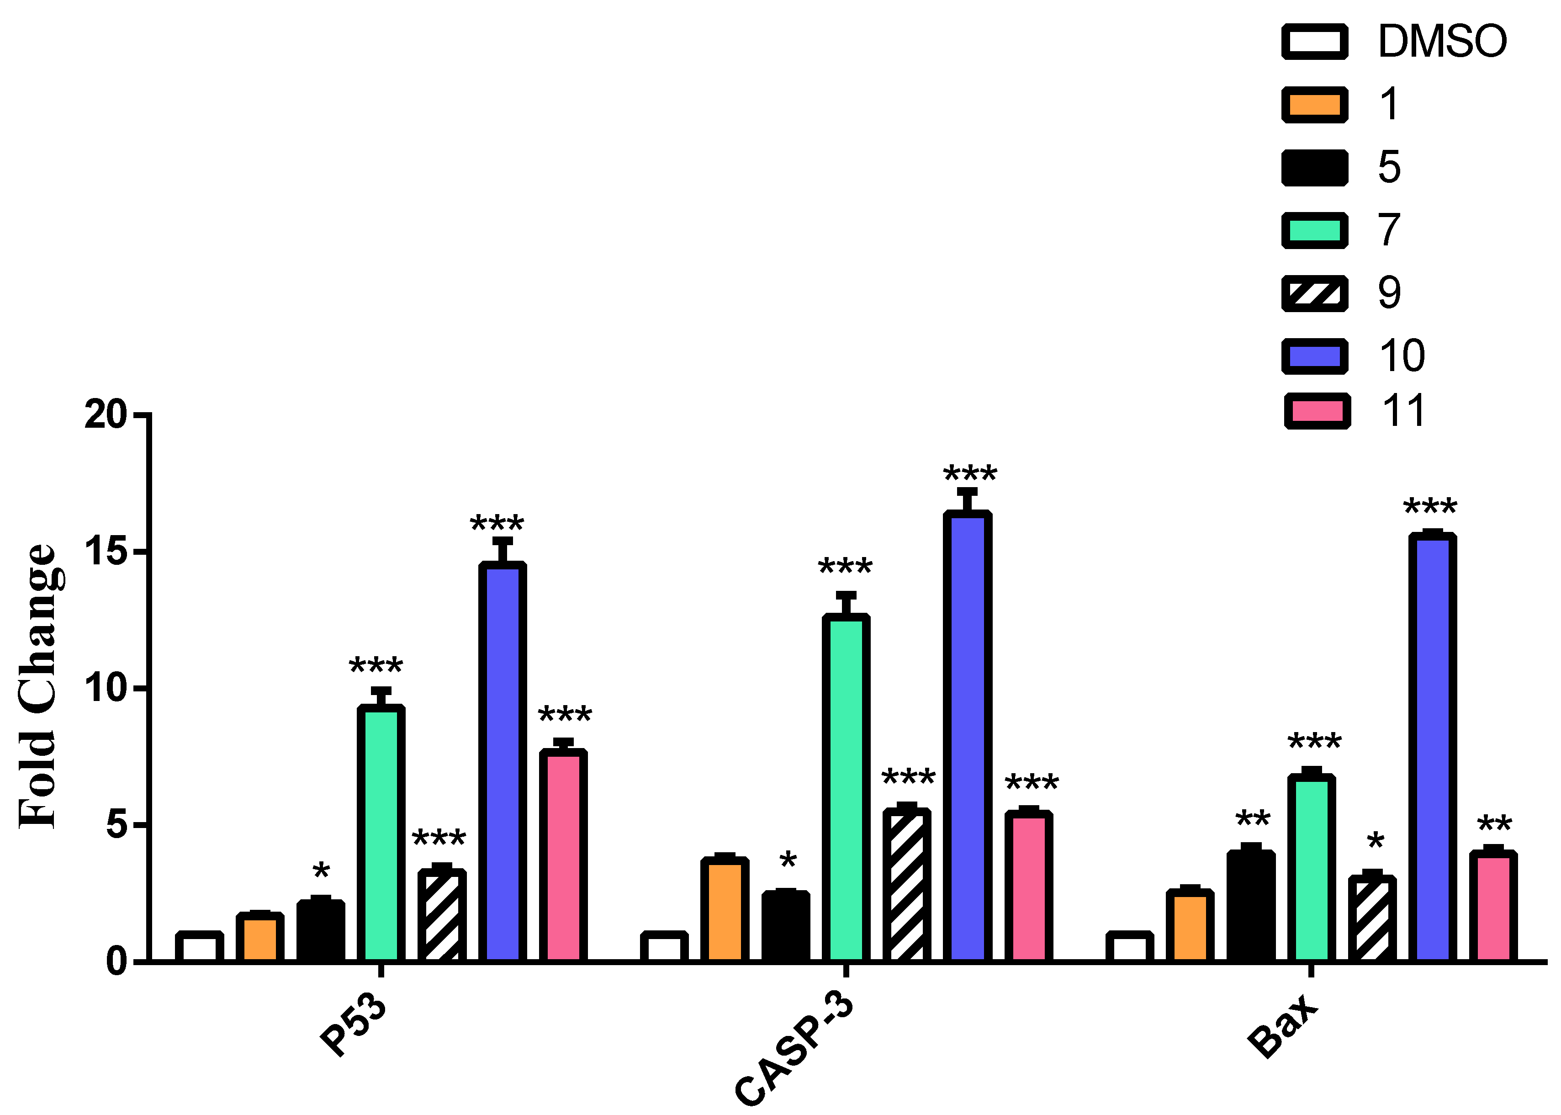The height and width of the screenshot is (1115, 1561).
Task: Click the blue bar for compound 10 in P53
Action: [x=503, y=762]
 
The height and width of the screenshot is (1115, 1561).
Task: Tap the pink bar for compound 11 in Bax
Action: [x=1492, y=906]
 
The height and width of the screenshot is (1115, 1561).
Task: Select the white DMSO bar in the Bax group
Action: [x=1129, y=947]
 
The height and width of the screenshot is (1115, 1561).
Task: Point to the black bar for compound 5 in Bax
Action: [x=1251, y=906]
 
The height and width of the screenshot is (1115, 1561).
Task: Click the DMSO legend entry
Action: [x=1442, y=41]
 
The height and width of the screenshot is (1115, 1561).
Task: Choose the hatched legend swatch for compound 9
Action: [x=1315, y=293]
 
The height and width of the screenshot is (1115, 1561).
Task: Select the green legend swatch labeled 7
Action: [x=1315, y=230]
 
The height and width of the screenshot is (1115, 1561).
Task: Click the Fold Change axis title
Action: [x=38, y=686]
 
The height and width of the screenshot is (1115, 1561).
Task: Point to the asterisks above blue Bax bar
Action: [x=1430, y=509]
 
